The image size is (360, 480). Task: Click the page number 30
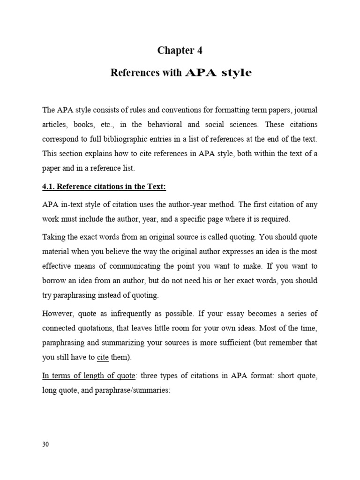point(45,444)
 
